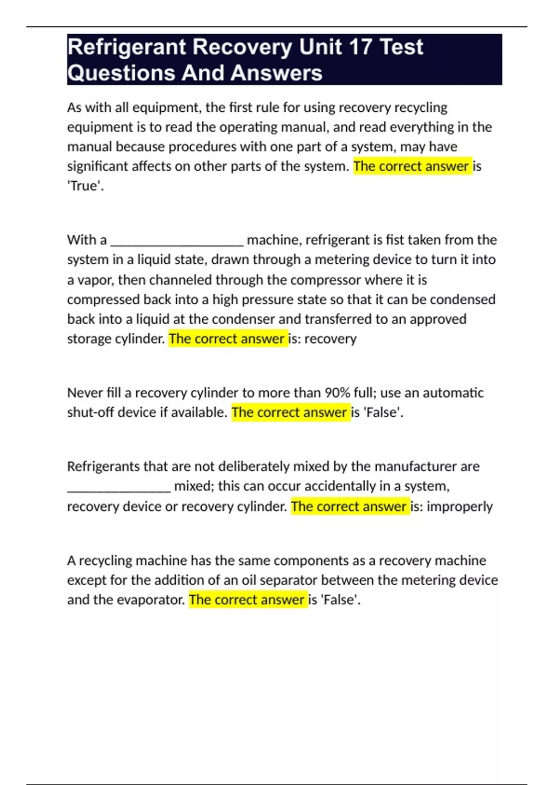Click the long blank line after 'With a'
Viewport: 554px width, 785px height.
[x=177, y=241]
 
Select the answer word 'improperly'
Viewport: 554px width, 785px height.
[x=459, y=507]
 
